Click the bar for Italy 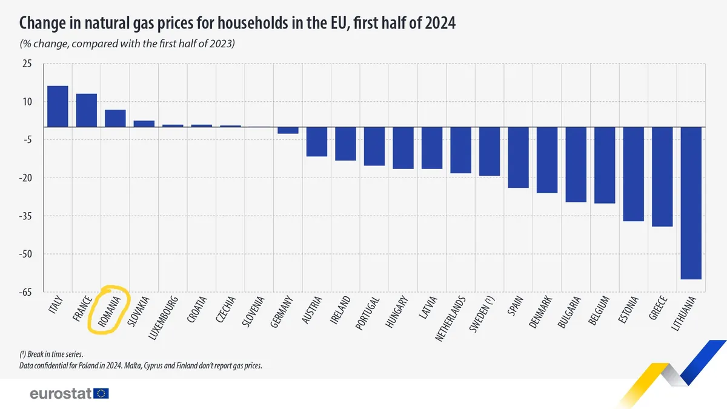[58, 107]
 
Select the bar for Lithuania [691, 203]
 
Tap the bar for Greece [662, 176]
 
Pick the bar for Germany [288, 130]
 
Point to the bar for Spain [518, 158]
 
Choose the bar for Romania [115, 118]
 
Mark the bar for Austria [317, 142]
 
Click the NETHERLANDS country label [451, 318]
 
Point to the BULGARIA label [571, 311]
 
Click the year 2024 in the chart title [436, 23]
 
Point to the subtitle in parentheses [127, 45]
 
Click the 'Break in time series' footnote [51, 354]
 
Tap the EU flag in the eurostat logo [102, 394]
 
